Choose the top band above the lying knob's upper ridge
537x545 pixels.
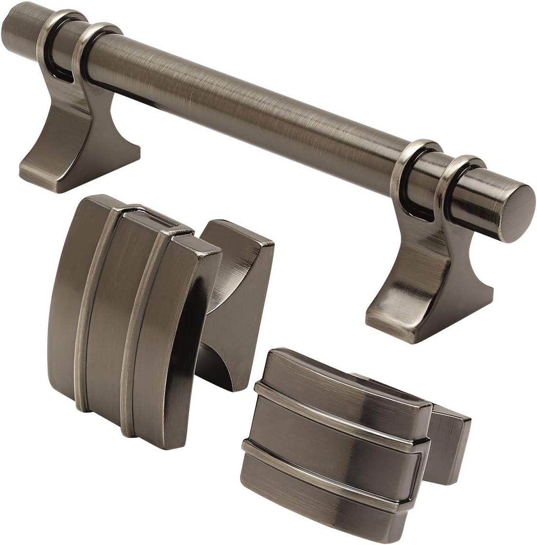coord(340,379)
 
